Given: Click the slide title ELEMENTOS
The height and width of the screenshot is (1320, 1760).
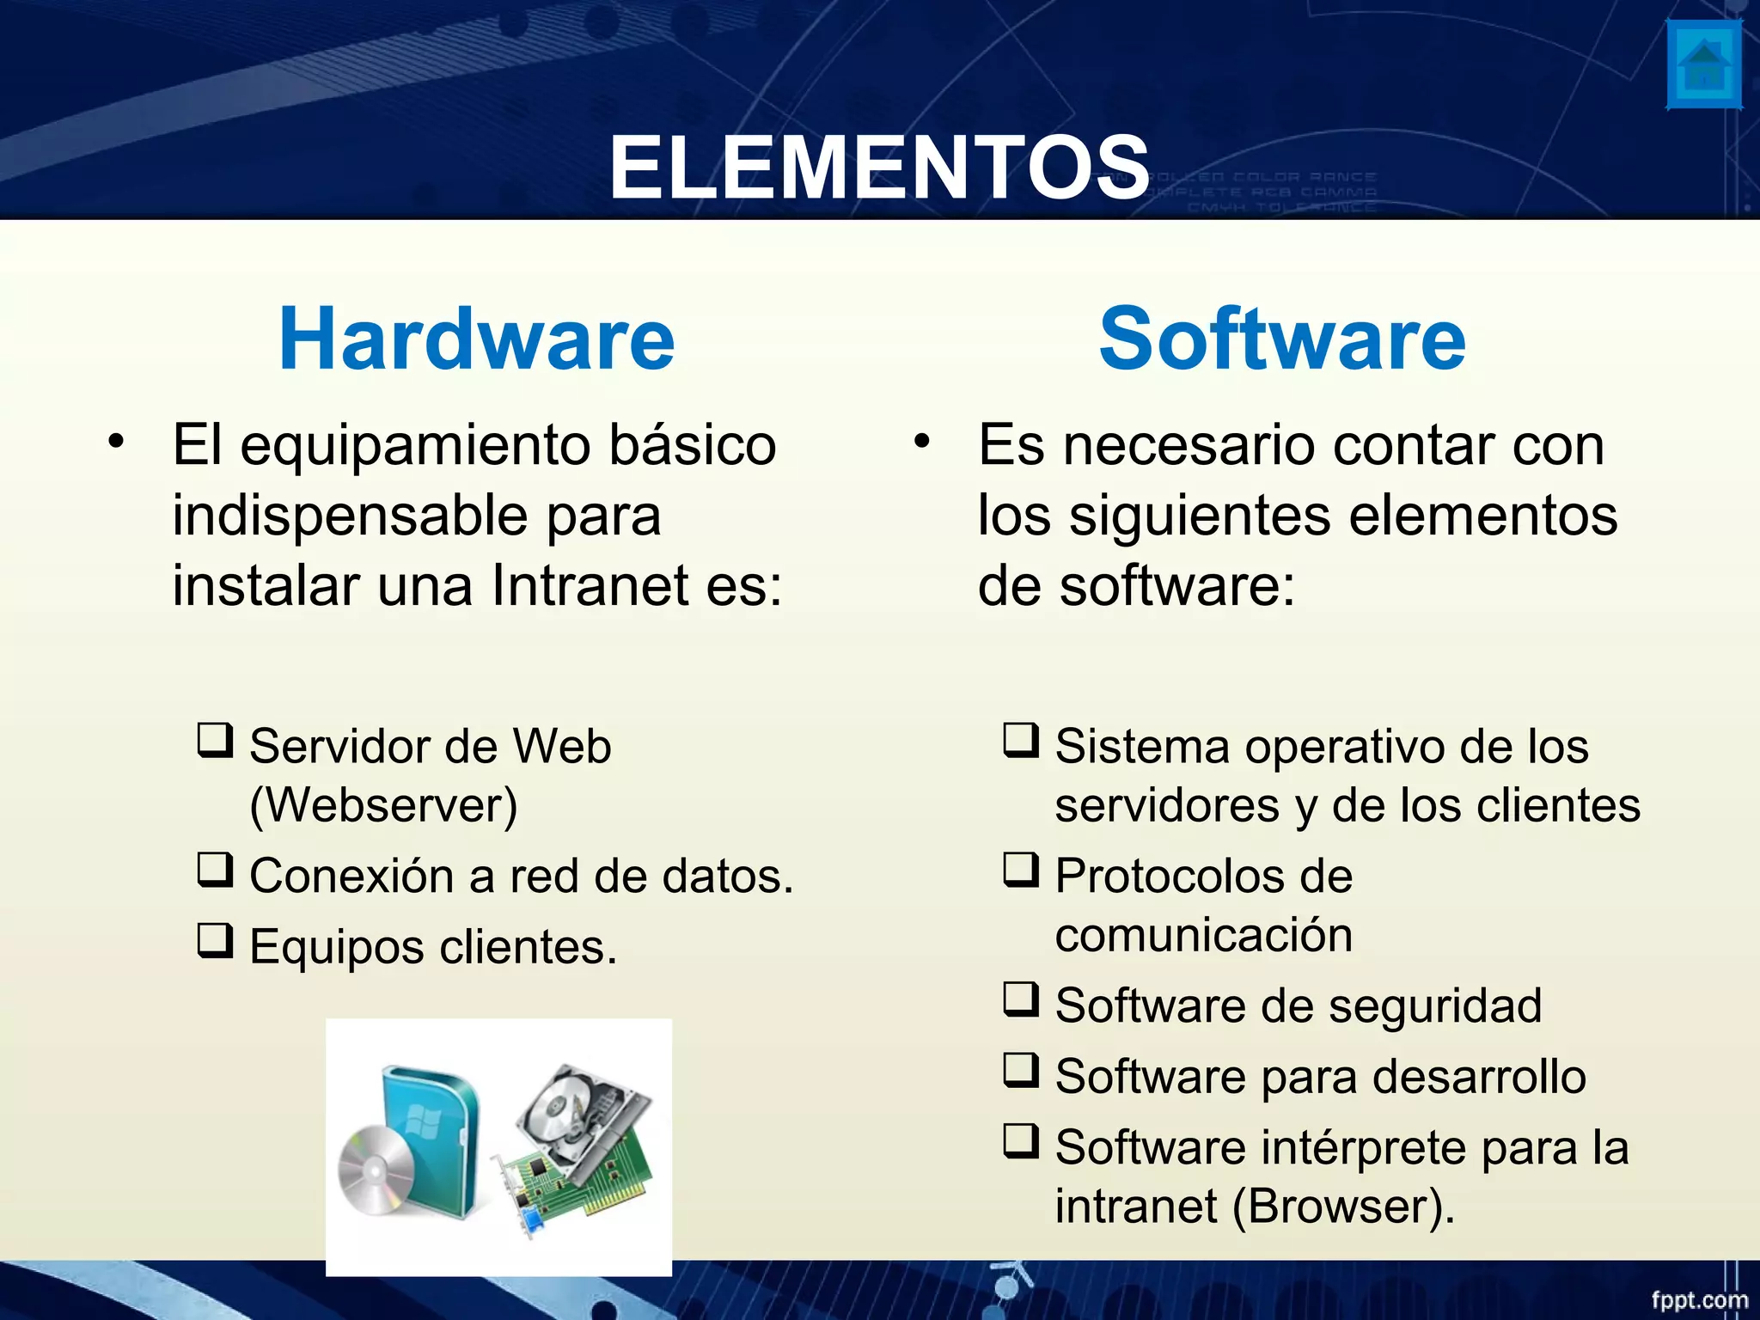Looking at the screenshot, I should (878, 168).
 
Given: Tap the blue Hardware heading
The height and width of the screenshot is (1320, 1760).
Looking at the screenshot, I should (477, 339).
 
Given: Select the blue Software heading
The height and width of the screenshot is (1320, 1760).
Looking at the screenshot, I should (1281, 339).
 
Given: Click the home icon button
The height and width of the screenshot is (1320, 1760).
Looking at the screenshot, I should (1704, 65).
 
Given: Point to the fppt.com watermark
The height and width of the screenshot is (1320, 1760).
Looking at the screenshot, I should (1699, 1299).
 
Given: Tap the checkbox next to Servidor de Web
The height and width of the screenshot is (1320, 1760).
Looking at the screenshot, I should (215, 740).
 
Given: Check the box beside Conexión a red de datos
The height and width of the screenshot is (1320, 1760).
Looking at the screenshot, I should (215, 870).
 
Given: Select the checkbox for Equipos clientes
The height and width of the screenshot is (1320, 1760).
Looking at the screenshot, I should (215, 940).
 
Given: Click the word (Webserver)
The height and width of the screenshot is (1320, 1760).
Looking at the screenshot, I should (383, 806).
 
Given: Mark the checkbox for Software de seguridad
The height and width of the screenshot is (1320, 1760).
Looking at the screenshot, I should (1021, 999).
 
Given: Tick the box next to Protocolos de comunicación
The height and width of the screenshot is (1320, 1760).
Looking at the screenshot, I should (1021, 870).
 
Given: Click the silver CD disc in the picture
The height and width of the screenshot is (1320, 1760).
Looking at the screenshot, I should (376, 1170).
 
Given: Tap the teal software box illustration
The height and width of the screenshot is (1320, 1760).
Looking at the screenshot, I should (438, 1134).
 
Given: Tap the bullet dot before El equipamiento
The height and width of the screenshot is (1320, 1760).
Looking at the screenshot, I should (116, 442).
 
